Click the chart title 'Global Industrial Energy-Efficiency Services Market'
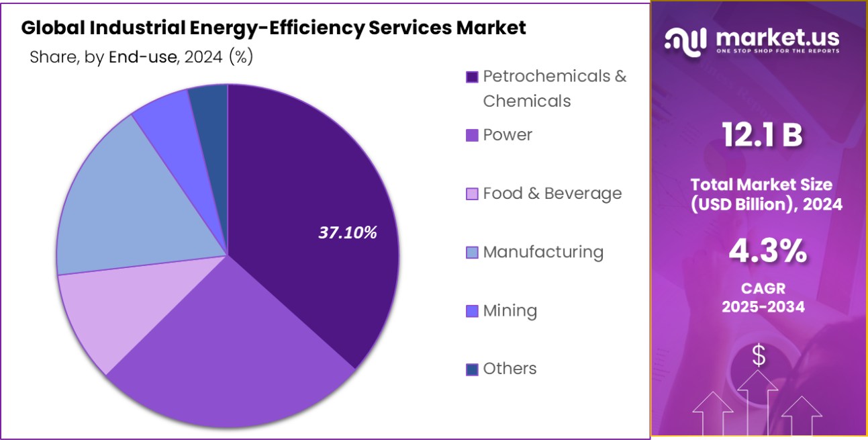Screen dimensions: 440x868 coord(274,28)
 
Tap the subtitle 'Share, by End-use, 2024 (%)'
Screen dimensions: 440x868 coord(141,58)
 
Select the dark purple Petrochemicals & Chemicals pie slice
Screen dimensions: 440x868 coord(316,202)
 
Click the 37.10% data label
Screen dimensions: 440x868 coord(348,233)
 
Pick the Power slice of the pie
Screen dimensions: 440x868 coord(228,349)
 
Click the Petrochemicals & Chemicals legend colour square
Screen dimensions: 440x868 coord(472,77)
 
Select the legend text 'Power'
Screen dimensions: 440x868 coord(508,135)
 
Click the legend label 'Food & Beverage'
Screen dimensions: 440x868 coord(552,193)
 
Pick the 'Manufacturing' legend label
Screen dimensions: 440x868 coord(543,252)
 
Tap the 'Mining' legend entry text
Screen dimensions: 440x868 coord(510,310)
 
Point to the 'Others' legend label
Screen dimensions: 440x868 coord(510,369)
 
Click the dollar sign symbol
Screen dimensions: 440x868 coord(759,355)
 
